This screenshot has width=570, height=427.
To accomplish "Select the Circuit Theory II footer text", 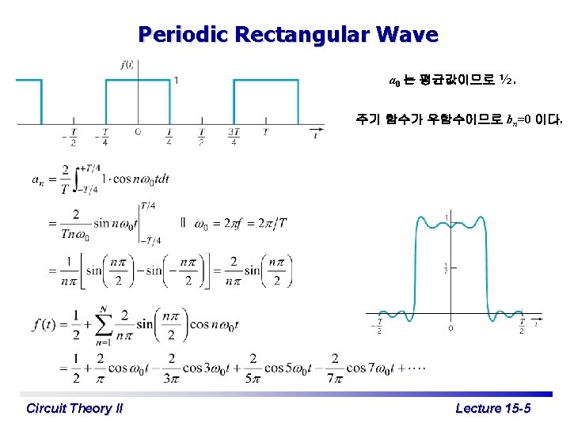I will click(x=74, y=408).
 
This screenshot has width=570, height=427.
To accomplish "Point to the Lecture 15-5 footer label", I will click(x=493, y=408).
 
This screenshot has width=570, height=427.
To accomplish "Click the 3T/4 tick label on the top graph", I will click(x=234, y=136).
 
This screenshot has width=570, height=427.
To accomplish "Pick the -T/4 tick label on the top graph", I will click(x=104, y=136).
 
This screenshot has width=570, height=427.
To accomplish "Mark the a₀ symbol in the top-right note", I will click(x=394, y=81).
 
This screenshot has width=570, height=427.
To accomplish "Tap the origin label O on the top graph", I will click(x=138, y=131).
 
